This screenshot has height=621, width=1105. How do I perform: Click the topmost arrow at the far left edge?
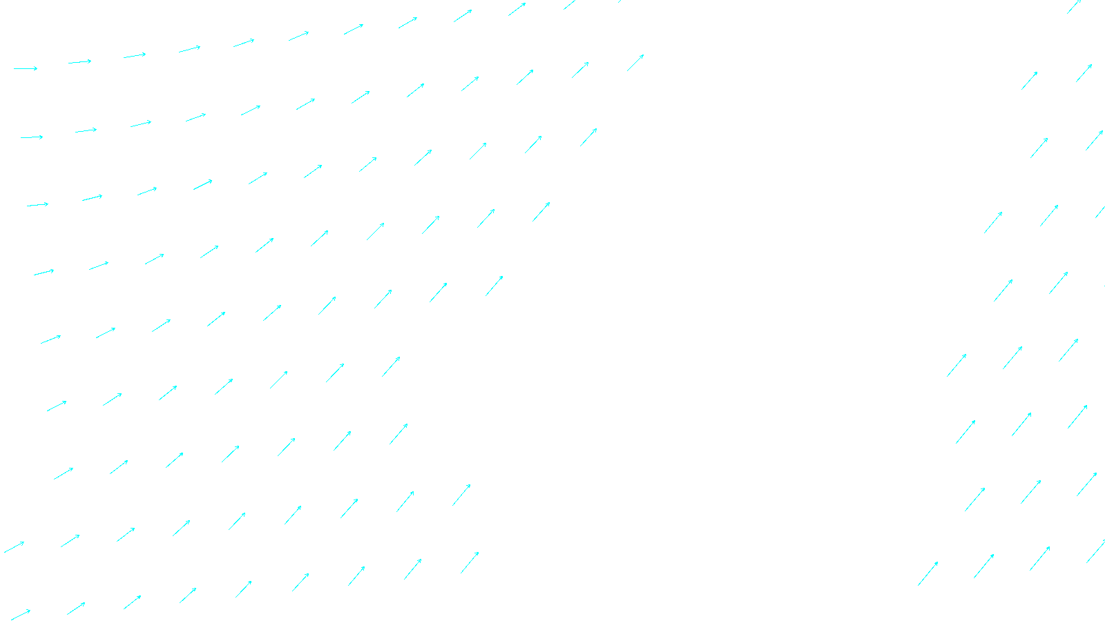26,68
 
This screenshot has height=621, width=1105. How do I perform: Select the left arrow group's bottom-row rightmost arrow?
470,562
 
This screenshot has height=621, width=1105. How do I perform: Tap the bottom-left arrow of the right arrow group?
928,573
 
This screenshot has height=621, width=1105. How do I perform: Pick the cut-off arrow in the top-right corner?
1075,6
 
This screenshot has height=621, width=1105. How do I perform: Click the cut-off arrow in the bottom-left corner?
21,613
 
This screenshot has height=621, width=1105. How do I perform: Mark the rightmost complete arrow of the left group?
635,63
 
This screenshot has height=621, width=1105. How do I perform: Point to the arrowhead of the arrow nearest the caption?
478,553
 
